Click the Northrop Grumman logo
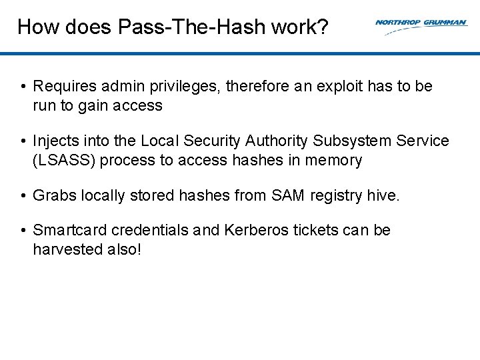421,25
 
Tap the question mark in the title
323,27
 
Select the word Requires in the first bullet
61,86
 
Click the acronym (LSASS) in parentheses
61,161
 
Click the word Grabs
55,196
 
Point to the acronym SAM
288,196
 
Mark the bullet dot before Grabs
23,196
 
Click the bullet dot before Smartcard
23,231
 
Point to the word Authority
275,141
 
